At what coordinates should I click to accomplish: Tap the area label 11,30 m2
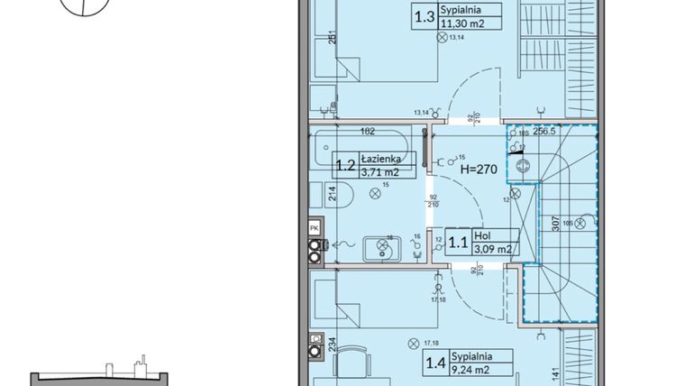click(461, 24)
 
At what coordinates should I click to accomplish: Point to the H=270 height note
click(477, 168)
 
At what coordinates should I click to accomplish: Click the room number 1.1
click(458, 242)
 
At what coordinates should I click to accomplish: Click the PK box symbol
click(314, 228)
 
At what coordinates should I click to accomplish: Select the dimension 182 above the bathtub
click(367, 131)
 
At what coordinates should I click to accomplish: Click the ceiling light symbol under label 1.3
click(441, 38)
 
